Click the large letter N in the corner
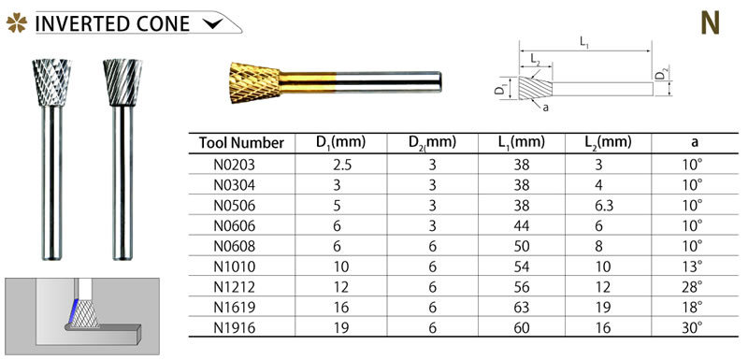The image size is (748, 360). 710,23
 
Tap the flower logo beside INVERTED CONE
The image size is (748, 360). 17,22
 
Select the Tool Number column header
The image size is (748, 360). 241,142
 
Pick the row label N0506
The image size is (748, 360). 235,205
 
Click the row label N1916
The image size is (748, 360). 235,327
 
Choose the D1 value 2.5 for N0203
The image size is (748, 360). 341,165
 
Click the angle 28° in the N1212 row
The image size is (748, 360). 693,286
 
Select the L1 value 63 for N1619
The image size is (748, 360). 522,307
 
